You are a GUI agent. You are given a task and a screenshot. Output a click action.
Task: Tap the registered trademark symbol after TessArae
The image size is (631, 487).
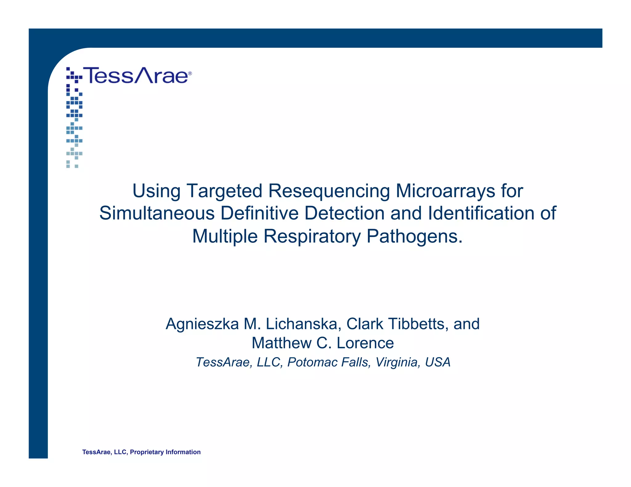190,74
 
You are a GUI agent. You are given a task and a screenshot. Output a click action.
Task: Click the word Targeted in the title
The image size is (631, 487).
224,191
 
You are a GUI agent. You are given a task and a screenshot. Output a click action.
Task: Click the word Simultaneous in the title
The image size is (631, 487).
157,213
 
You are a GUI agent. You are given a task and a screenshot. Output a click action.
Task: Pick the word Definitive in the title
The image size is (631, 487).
259,213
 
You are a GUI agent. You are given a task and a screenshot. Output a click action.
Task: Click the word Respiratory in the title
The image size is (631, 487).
312,236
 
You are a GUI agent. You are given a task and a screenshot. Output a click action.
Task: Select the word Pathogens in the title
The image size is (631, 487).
415,236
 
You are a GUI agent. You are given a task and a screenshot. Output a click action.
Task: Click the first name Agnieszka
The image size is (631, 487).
202,324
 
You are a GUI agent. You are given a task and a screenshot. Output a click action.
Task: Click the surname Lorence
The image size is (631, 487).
365,343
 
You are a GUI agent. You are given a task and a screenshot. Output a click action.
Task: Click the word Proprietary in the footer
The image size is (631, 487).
147,452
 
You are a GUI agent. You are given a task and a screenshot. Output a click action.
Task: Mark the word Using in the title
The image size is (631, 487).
156,191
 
